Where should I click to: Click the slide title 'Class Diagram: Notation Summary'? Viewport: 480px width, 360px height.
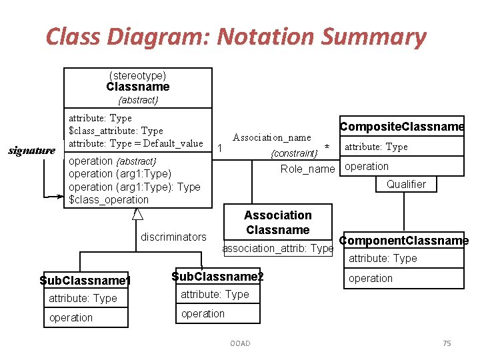pyautogui.click(x=235, y=37)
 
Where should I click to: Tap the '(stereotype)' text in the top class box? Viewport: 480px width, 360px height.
pyautogui.click(x=137, y=75)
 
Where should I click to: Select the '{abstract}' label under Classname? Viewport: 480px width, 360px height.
pyautogui.click(x=138, y=100)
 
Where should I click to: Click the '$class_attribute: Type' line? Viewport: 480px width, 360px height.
pyautogui.click(x=116, y=131)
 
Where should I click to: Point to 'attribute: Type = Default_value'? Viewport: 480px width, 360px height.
pyautogui.click(x=136, y=143)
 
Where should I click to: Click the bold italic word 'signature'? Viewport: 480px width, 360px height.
pyautogui.click(x=31, y=151)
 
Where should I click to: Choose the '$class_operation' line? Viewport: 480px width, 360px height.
pyautogui.click(x=109, y=199)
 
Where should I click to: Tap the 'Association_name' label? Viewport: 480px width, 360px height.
pyautogui.click(x=271, y=137)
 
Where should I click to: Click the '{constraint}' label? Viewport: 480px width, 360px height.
pyautogui.click(x=294, y=153)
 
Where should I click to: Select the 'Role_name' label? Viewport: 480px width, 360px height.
pyautogui.click(x=307, y=169)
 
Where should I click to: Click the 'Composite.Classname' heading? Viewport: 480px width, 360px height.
pyautogui.click(x=401, y=127)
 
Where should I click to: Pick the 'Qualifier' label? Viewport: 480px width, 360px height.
pyautogui.click(x=406, y=184)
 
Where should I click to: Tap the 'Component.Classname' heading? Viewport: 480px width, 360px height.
pyautogui.click(x=403, y=241)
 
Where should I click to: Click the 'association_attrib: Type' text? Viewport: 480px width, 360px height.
pyautogui.click(x=277, y=248)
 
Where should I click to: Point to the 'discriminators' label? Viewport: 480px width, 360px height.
pyautogui.click(x=173, y=237)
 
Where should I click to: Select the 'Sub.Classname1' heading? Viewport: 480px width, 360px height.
pyautogui.click(x=85, y=281)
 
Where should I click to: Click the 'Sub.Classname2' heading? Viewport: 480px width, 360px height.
pyautogui.click(x=217, y=276)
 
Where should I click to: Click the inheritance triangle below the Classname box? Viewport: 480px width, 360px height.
pyautogui.click(x=137, y=213)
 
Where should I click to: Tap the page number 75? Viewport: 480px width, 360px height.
pyautogui.click(x=447, y=343)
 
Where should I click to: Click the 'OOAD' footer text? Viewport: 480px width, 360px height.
pyautogui.click(x=240, y=343)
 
